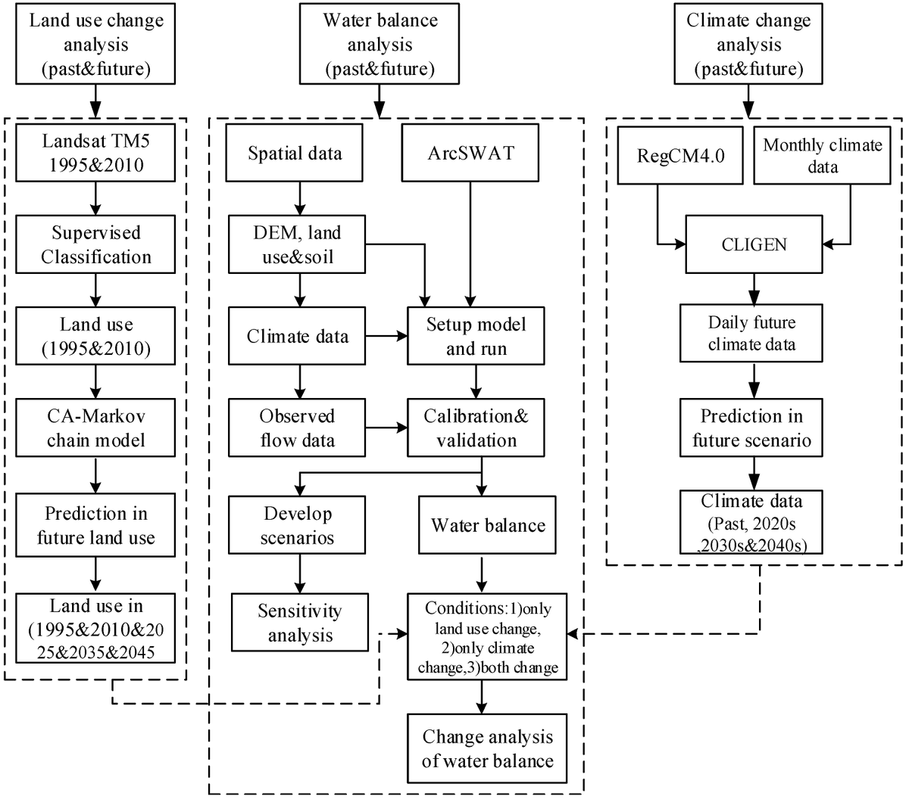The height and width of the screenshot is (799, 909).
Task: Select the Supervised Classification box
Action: pyautogui.click(x=95, y=245)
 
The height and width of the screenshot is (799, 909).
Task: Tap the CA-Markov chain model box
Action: pyautogui.click(x=95, y=428)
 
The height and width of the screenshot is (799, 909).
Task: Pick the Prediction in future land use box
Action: pyautogui.click(x=95, y=526)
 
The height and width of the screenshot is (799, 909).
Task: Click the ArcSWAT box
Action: pyautogui.click(x=471, y=154)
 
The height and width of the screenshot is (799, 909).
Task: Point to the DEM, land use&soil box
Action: pyautogui.click(x=296, y=245)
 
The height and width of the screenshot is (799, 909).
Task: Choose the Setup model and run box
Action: pyautogui.click(x=476, y=337)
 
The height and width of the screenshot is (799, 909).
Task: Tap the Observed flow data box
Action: pyautogui.click(x=296, y=428)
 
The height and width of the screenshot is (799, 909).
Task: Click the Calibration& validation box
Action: pyautogui.click(x=476, y=428)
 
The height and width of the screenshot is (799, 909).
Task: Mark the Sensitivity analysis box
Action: pyautogui.click(x=300, y=623)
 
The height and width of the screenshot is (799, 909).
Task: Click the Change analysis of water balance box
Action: pyautogui.click(x=487, y=748)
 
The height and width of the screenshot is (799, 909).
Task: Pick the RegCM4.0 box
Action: pyautogui.click(x=679, y=155)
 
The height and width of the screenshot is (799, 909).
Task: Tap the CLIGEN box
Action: pyautogui.click(x=754, y=244)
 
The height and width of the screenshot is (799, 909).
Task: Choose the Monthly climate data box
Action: pyautogui.click(x=822, y=155)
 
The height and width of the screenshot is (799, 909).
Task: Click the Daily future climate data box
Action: pyautogui.click(x=751, y=334)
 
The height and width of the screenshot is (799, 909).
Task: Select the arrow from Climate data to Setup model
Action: pyautogui.click(x=386, y=337)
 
